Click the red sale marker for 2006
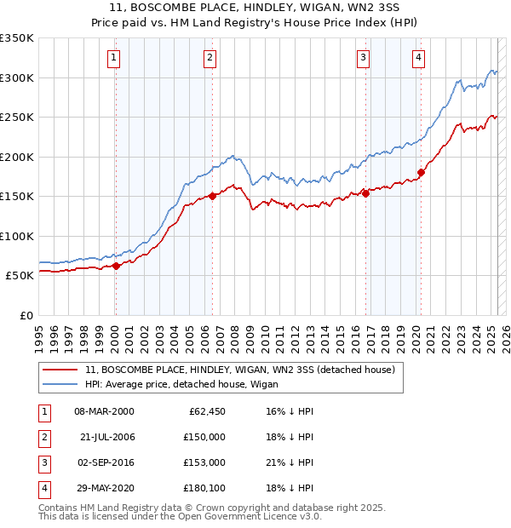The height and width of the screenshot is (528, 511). coord(212,196)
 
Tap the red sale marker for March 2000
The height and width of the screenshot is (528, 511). coord(116,266)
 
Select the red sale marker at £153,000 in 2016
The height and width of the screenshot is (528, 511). coord(365,193)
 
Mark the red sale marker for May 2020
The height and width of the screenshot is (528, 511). coord(421,172)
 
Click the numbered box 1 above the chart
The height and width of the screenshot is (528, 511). coord(113,58)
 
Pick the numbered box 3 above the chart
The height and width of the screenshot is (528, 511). coord(363,58)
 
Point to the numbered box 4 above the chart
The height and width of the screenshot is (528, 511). coord(419,58)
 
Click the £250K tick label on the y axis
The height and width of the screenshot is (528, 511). coord(17,118)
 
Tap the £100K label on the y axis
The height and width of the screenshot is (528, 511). coord(17,236)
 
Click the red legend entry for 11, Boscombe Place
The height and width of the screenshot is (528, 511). coord(239,370)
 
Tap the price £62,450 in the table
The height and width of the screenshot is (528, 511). coord(207,411)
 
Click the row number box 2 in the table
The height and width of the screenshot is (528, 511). coord(42,436)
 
